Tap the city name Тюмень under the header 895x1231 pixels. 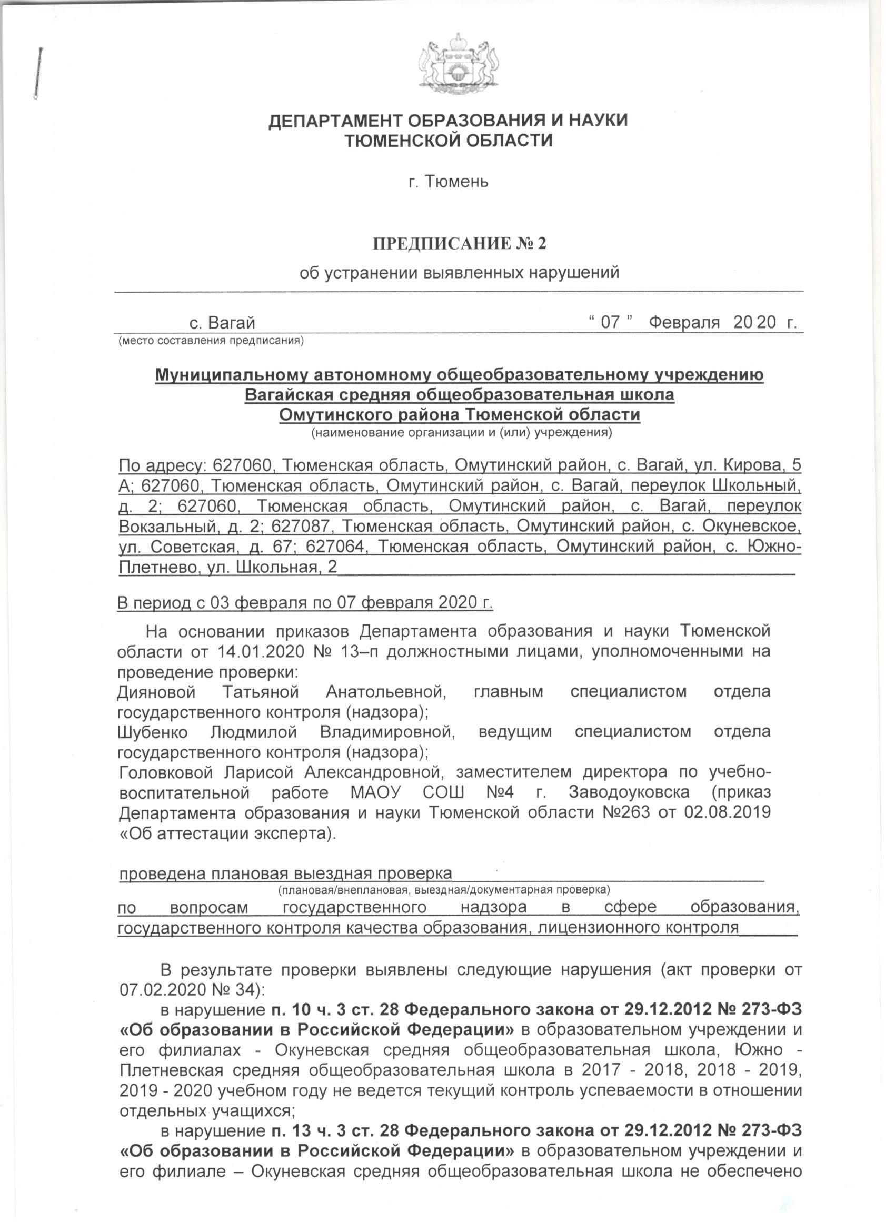click(456, 181)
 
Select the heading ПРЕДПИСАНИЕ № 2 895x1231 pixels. click(459, 243)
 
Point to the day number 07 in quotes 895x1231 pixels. click(610, 323)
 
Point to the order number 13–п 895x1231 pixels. click(371, 651)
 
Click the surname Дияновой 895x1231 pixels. click(157, 692)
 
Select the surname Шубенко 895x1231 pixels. click(153, 732)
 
